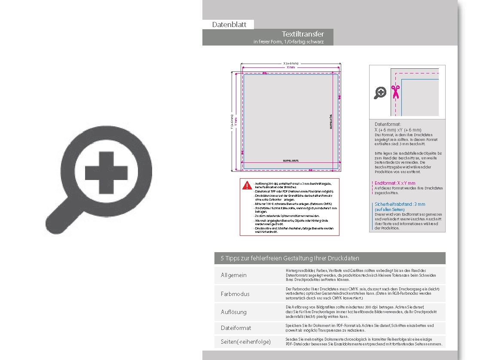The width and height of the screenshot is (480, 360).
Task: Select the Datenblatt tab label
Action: click(229, 25)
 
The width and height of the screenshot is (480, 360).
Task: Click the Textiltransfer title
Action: click(303, 34)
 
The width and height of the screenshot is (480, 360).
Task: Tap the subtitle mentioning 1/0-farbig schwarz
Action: click(288, 42)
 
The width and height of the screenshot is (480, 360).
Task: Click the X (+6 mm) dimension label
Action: click(291, 64)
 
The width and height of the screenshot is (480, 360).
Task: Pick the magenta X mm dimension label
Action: click(291, 67)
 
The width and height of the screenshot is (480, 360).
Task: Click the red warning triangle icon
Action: click(247, 185)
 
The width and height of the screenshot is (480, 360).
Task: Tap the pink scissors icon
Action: click(395, 92)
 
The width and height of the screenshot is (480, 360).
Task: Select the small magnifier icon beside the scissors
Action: click(380, 92)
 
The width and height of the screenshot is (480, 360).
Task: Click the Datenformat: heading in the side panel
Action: click(388, 124)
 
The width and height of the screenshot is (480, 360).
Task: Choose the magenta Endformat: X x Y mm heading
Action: click(395, 183)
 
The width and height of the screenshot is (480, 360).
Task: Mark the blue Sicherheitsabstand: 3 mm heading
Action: click(400, 204)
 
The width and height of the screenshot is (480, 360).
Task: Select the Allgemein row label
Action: click(234, 275)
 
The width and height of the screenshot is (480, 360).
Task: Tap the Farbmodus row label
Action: click(235, 294)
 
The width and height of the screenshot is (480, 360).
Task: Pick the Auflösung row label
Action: click(234, 312)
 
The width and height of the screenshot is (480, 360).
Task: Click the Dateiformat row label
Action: click(236, 328)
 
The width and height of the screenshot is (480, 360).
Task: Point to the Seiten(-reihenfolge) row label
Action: click(246, 342)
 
